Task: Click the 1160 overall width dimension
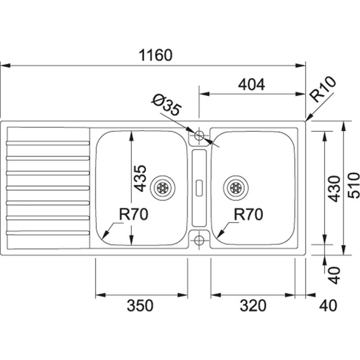[155, 55]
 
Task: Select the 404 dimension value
[251, 84]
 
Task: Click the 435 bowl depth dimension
[140, 178]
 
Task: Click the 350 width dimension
[140, 306]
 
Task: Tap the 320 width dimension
[253, 306]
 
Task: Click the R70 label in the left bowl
[134, 215]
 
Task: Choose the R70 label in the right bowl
[248, 215]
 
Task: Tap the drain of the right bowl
[235, 188]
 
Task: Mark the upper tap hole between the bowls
[198, 135]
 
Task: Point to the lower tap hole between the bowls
[198, 239]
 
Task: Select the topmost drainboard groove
[48, 143]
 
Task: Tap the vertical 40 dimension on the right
[333, 275]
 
